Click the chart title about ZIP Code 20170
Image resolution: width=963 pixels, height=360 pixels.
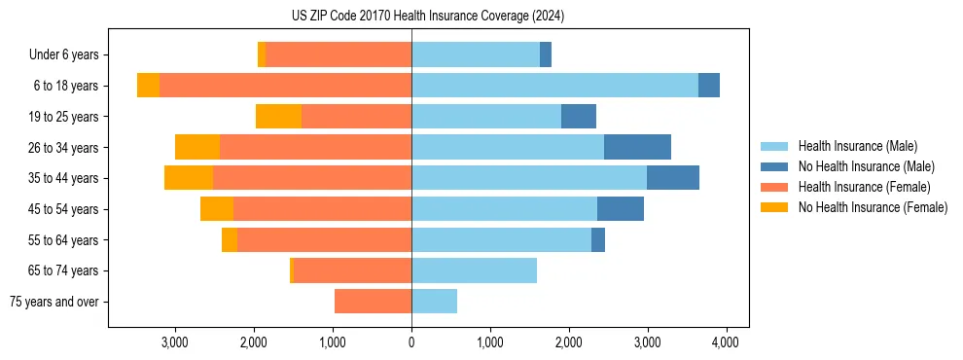(x=427, y=17)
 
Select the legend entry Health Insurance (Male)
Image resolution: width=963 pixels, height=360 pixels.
(x=857, y=147)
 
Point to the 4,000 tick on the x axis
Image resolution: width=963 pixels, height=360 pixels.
(x=726, y=342)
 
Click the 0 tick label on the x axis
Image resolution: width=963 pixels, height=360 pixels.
(x=411, y=342)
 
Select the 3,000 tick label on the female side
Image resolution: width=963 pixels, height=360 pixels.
(x=175, y=342)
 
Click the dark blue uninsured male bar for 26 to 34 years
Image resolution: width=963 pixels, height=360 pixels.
(x=637, y=147)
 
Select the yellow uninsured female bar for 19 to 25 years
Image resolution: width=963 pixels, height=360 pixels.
(x=278, y=117)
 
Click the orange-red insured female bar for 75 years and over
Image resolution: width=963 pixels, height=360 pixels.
(x=373, y=302)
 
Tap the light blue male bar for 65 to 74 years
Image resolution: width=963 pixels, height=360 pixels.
(x=474, y=270)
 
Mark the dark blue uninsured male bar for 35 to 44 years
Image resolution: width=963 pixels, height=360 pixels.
(x=673, y=178)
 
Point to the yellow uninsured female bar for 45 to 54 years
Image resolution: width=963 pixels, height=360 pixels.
(x=217, y=209)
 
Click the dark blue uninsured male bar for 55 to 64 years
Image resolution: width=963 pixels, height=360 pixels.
(x=598, y=239)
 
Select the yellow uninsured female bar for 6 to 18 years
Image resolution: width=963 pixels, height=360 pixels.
(x=148, y=86)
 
